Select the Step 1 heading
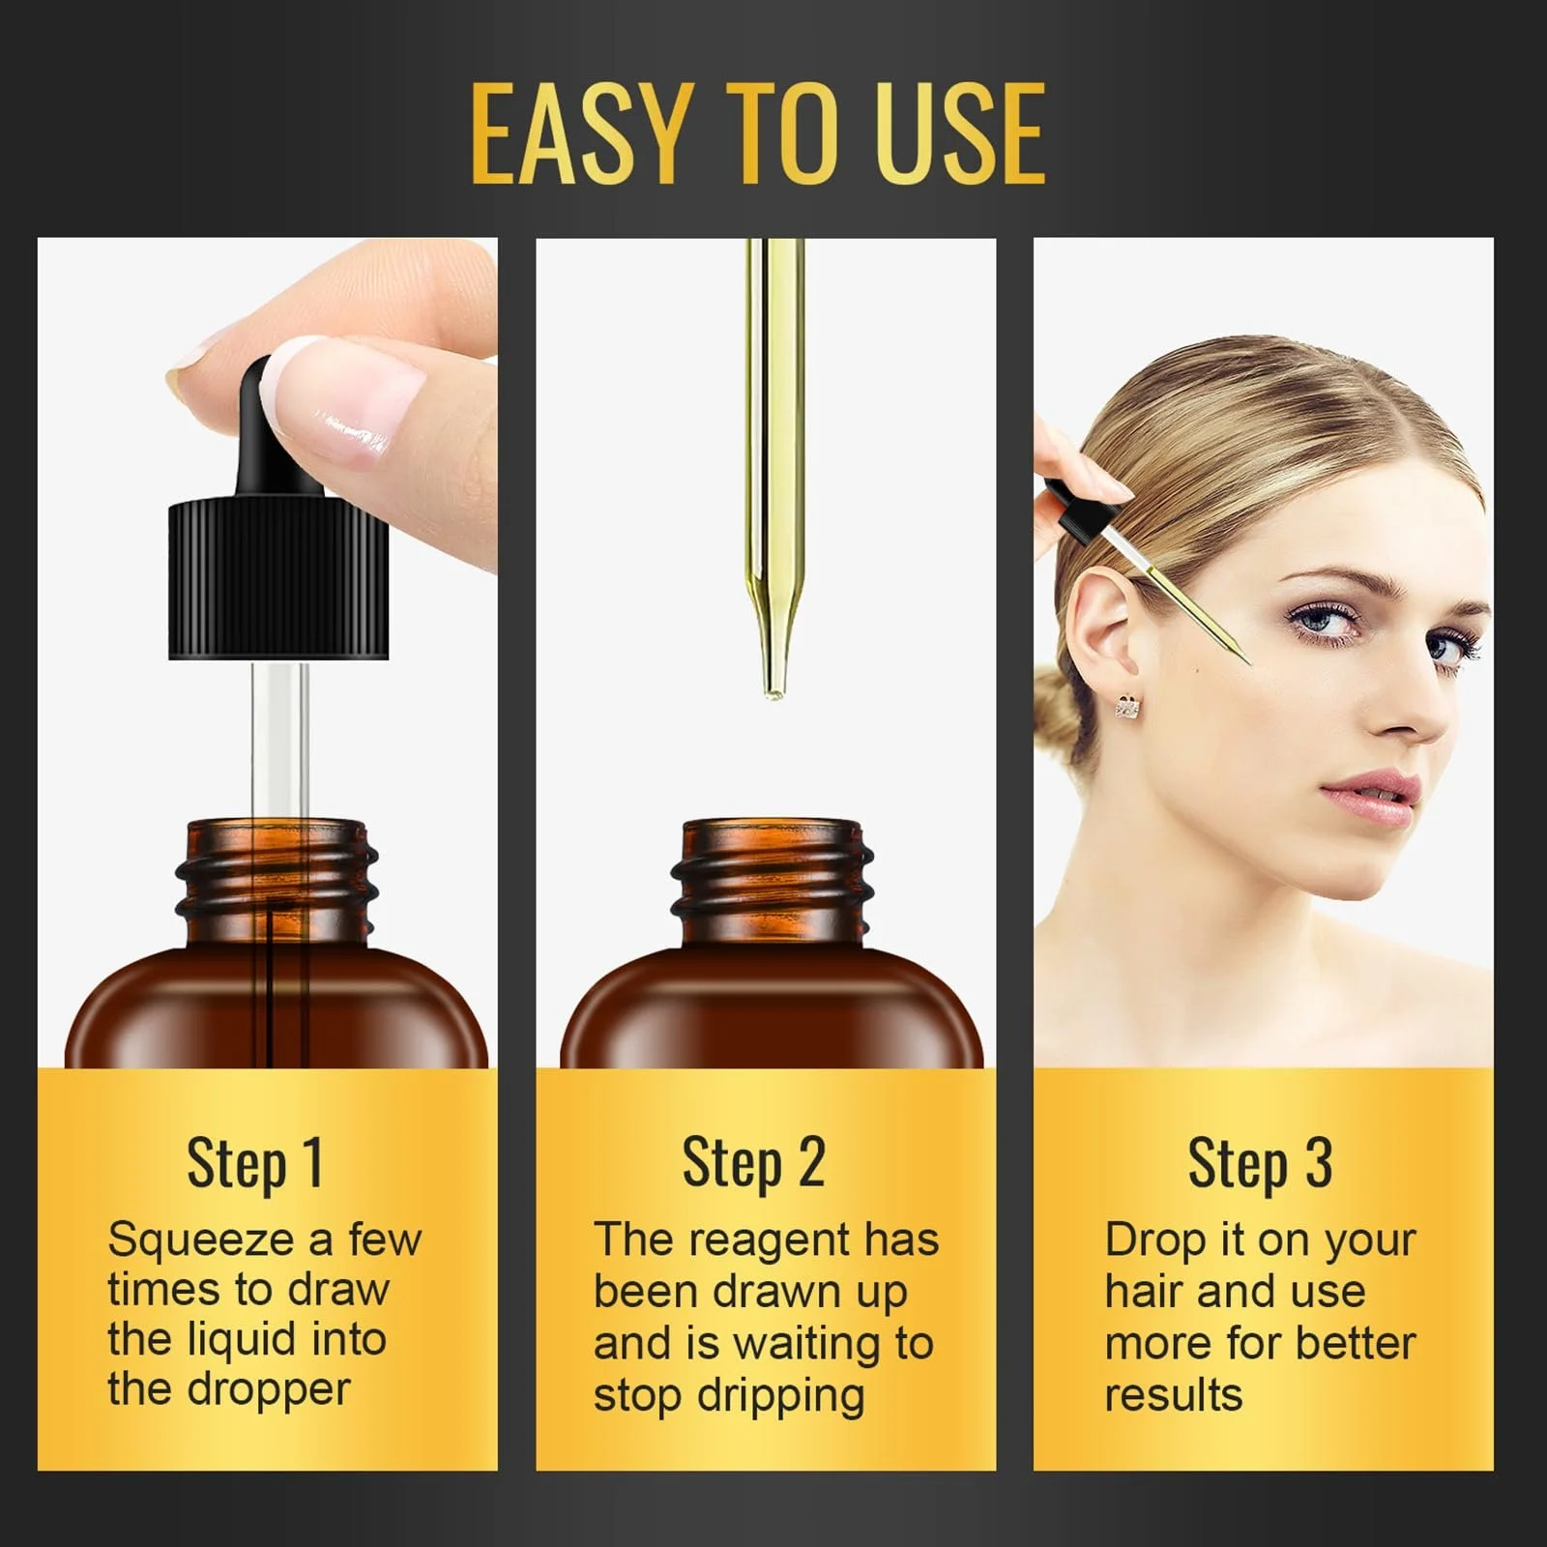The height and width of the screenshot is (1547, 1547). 254,1164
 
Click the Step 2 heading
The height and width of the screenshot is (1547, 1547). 754,1164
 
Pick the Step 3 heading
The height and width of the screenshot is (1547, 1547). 1260,1164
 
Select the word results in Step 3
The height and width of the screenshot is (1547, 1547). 1173,1395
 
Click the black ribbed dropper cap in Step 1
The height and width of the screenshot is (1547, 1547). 278,580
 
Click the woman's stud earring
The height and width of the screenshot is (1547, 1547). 1126,707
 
